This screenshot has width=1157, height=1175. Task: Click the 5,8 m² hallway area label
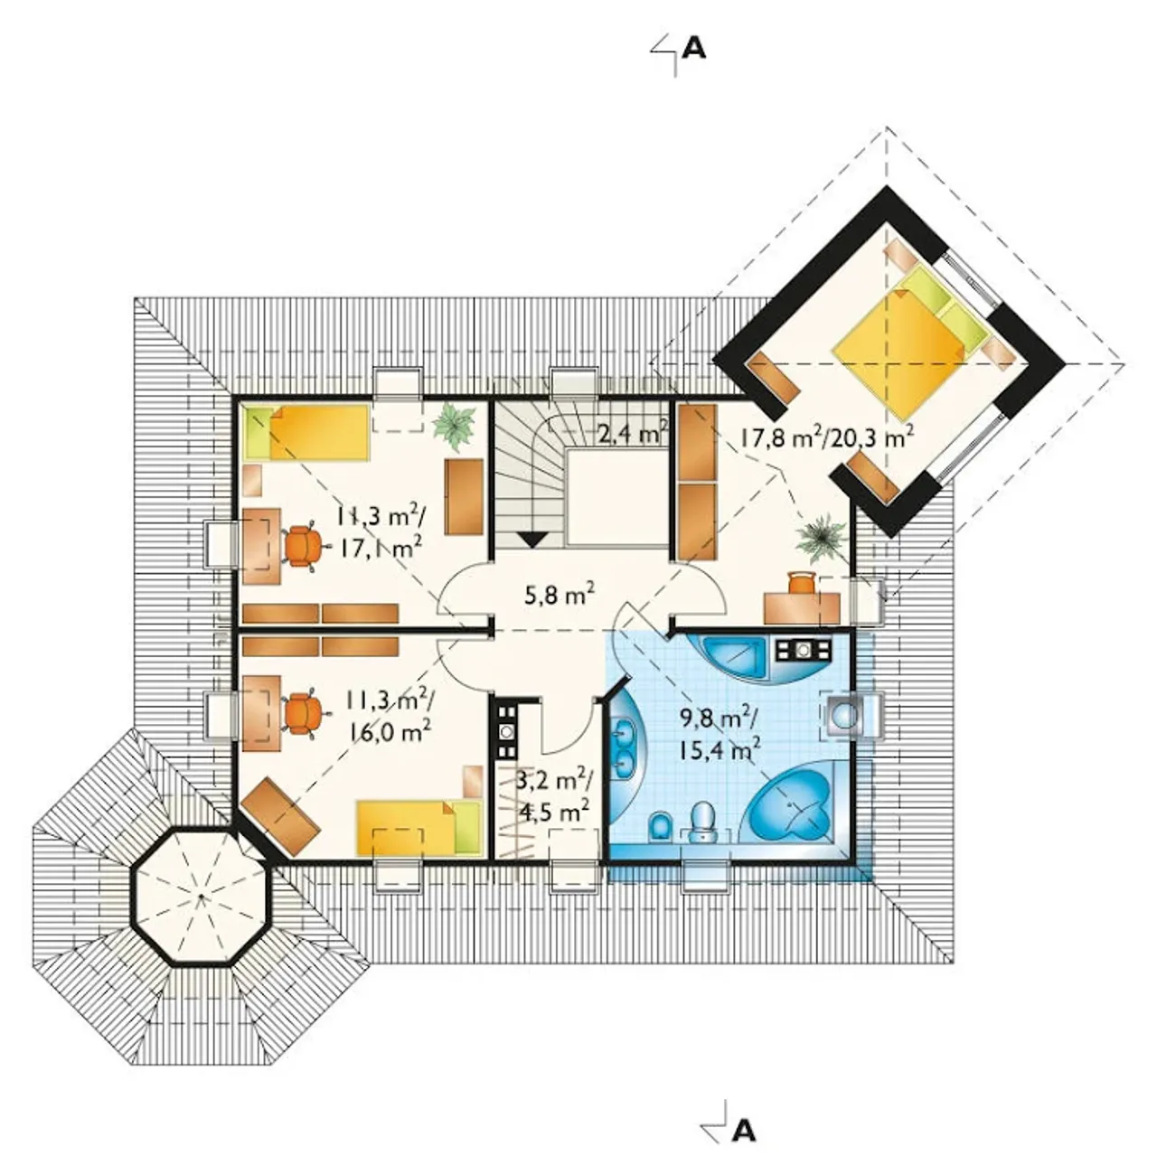click(560, 595)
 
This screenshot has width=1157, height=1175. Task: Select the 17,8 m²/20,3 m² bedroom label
click(826, 437)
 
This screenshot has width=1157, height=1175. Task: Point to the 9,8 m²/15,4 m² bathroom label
click(719, 731)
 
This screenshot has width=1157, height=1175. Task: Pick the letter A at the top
click(693, 49)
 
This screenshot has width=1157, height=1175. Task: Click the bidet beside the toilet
click(659, 827)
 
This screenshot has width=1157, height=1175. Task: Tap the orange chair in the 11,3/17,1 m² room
click(302, 546)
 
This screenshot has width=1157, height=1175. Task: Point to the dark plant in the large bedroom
click(822, 537)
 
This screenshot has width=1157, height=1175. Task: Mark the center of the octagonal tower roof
click(202, 896)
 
